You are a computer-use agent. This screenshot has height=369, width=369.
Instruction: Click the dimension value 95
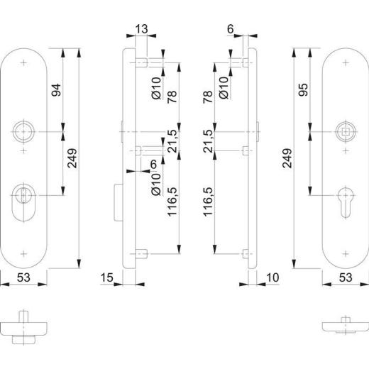tap(303, 89)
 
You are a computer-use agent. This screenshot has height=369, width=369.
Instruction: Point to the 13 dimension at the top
tap(141, 30)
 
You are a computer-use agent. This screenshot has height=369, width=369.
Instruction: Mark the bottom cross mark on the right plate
tap(346, 253)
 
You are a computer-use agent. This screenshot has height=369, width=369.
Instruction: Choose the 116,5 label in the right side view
tap(208, 202)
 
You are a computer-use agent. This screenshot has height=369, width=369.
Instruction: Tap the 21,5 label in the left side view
tap(170, 141)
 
